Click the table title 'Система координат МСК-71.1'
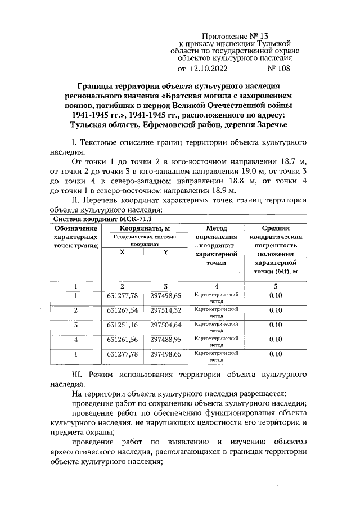[93, 219]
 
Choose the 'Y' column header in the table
[165, 253]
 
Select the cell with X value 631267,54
[122, 310]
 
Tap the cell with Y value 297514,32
[166, 310]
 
